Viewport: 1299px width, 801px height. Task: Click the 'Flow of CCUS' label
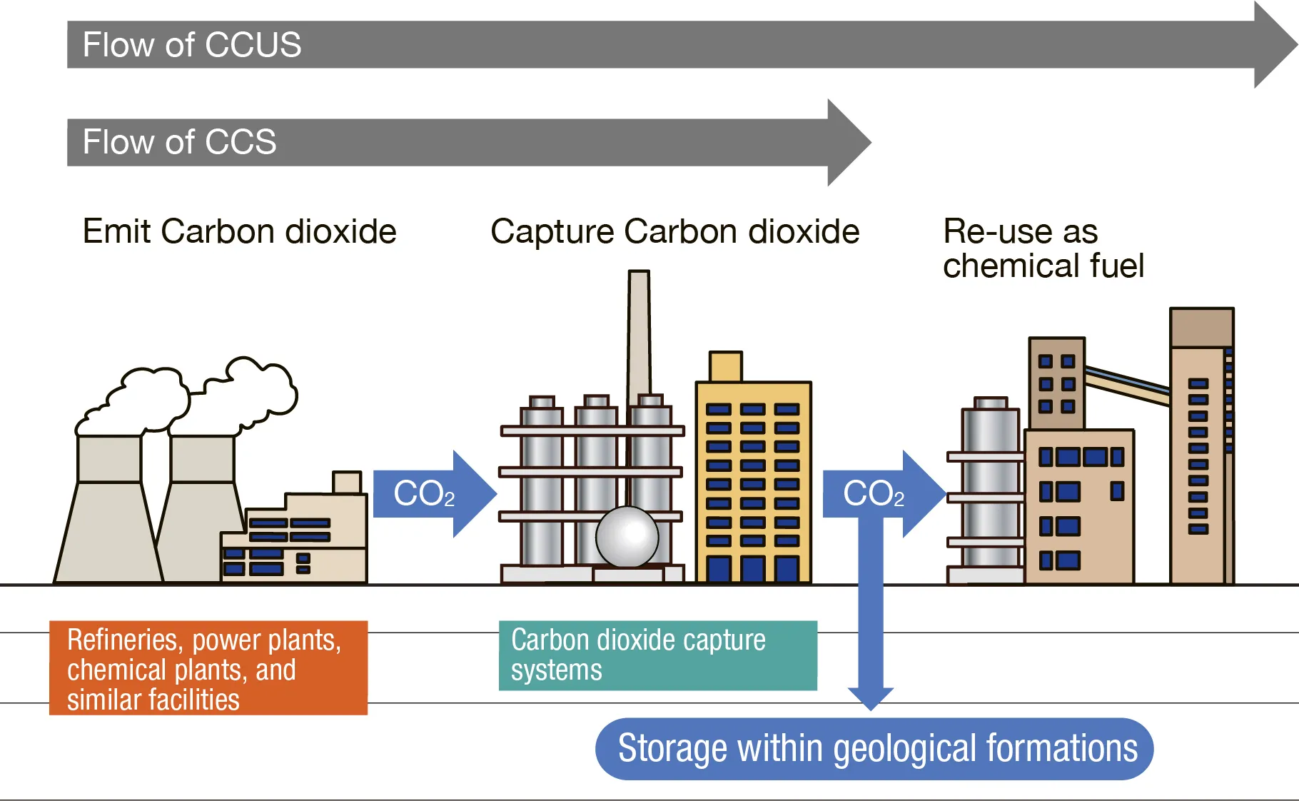coord(192,45)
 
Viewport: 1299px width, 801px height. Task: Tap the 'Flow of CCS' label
coord(179,142)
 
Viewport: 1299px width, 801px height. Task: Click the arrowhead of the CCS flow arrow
coord(849,143)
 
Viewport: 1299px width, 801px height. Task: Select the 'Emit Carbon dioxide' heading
coord(239,231)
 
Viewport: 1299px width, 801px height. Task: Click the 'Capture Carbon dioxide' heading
coord(674,232)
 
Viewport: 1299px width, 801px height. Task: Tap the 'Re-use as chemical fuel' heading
coord(1043,248)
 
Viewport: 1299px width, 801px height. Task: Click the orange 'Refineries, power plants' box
coord(208,668)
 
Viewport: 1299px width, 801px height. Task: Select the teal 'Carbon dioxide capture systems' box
coord(658,655)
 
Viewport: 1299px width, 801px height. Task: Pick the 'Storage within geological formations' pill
coord(874,749)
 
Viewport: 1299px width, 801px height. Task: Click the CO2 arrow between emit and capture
coord(435,494)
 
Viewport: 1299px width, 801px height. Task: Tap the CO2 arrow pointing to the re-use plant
coord(884,494)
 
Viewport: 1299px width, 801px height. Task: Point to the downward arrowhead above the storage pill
coord(871,699)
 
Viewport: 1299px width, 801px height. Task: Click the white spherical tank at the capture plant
coord(627,537)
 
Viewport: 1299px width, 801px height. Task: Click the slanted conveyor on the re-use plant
coord(1128,384)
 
